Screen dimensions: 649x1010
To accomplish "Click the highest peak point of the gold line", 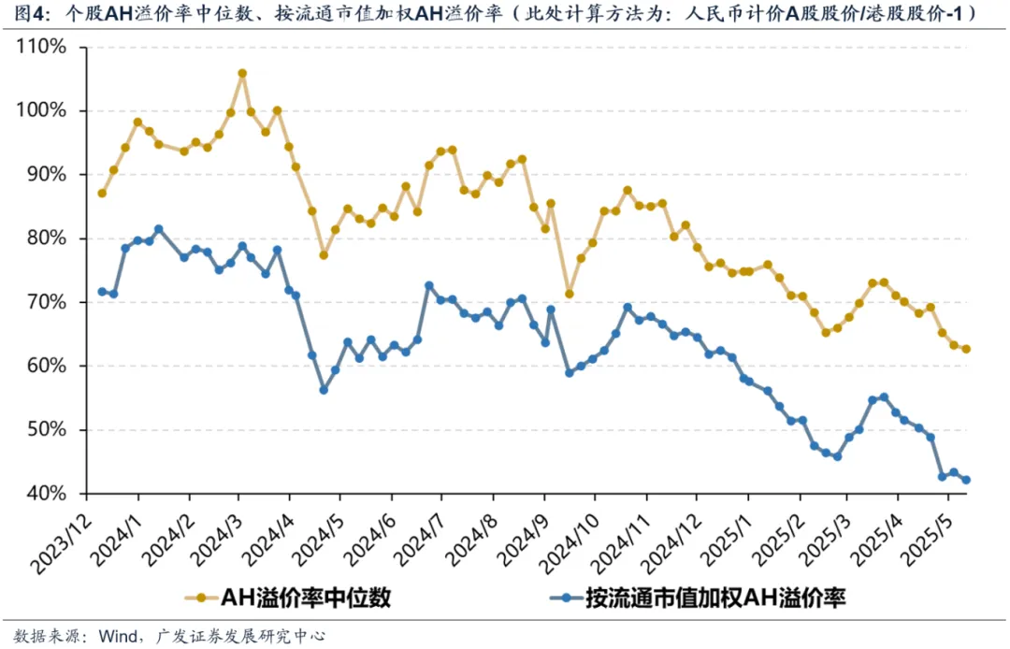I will pyautogui.click(x=242, y=73).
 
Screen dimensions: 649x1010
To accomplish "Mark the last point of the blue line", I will pyautogui.click(x=966, y=480).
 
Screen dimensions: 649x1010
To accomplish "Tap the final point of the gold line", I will pyautogui.click(x=966, y=349).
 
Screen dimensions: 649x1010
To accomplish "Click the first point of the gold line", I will pyautogui.click(x=102, y=193).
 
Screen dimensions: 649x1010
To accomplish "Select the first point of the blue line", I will pyautogui.click(x=102, y=292).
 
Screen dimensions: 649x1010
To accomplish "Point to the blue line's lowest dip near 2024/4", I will pyautogui.click(x=324, y=389).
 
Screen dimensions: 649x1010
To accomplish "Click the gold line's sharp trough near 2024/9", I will pyautogui.click(x=569, y=294).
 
